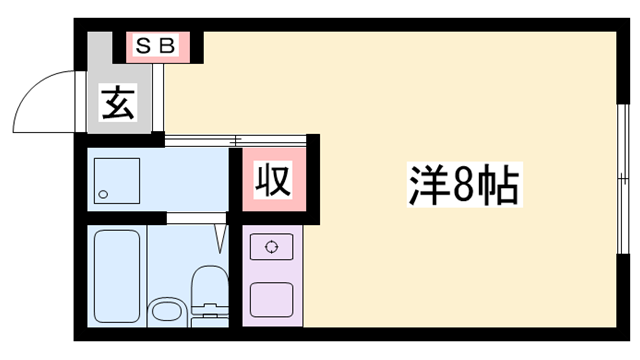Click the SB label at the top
coord(154,46)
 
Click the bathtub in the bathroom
coord(118,273)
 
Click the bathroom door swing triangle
coord(221,237)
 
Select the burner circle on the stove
coord(271,245)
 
